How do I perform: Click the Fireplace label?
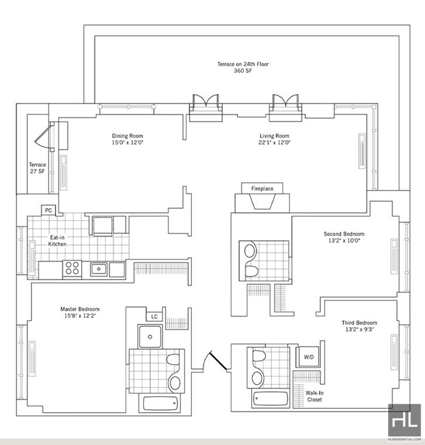point(262,189)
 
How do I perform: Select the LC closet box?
point(154,316)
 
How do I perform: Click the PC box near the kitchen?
point(49,210)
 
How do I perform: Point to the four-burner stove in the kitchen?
point(72,268)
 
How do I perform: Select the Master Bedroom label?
point(80,309)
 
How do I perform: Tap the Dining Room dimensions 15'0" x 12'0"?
point(127,142)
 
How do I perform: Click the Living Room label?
point(274,136)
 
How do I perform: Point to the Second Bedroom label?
point(344,234)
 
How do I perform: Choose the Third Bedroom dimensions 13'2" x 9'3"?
point(359,329)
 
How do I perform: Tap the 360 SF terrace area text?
point(243,71)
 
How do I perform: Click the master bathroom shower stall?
point(151,336)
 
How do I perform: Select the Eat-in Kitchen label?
point(57,241)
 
